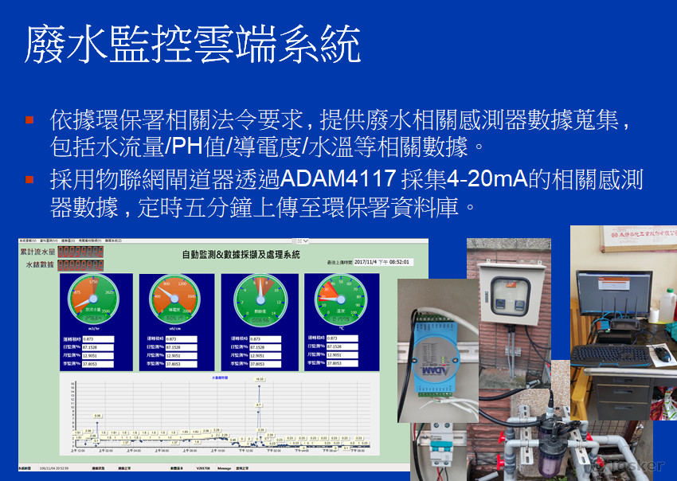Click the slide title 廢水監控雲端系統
click(x=192, y=45)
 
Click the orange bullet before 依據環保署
click(x=29, y=120)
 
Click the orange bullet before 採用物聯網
click(x=29, y=179)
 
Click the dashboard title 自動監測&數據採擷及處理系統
click(x=241, y=255)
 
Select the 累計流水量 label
click(x=37, y=252)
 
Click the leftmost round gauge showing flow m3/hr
click(x=94, y=299)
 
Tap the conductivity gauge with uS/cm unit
click(x=175, y=299)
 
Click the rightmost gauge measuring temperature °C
click(x=341, y=299)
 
